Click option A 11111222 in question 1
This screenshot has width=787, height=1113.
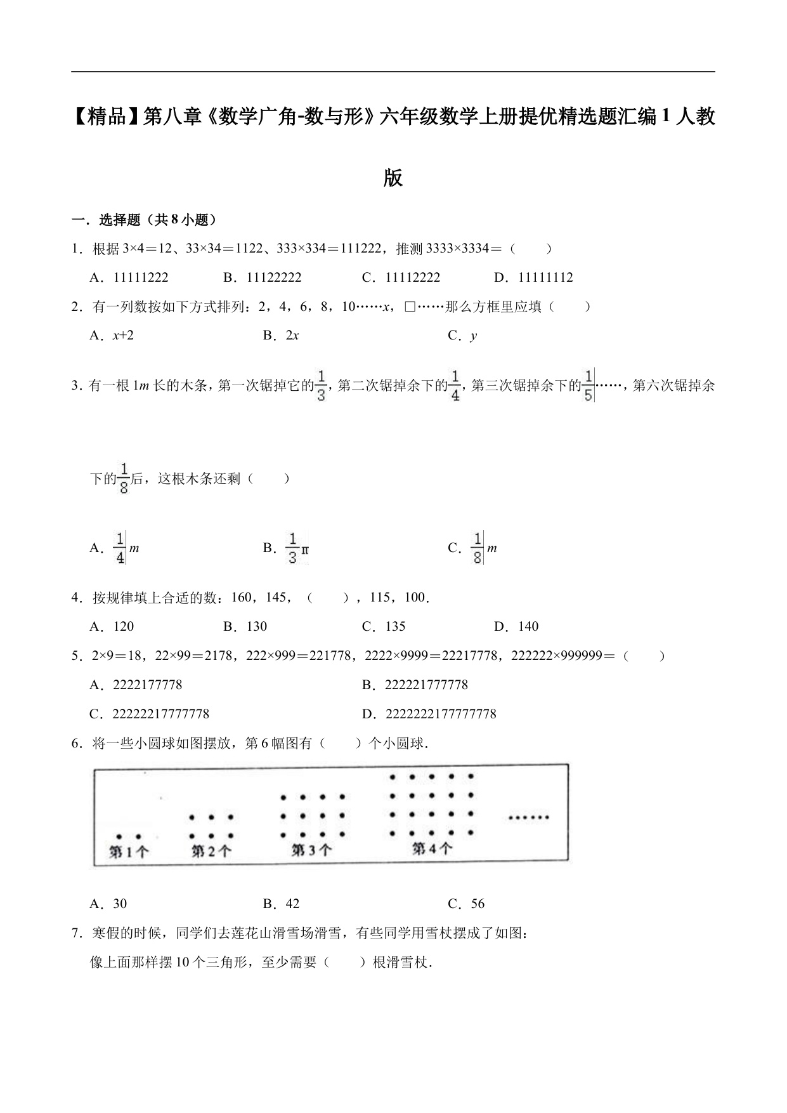(x=129, y=277)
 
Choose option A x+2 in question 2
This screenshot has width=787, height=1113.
(x=112, y=336)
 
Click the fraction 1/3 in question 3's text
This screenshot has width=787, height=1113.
(x=322, y=386)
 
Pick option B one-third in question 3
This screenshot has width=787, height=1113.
(x=286, y=548)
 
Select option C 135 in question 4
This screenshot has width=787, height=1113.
(x=384, y=627)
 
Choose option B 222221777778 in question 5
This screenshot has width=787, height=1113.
(x=415, y=685)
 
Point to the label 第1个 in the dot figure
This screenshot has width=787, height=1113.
(x=129, y=852)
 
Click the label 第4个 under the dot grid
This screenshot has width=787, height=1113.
(x=432, y=848)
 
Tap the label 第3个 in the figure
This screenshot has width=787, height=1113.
(x=311, y=850)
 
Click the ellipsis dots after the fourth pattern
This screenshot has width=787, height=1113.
(x=528, y=818)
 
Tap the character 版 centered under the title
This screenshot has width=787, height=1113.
(x=393, y=178)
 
